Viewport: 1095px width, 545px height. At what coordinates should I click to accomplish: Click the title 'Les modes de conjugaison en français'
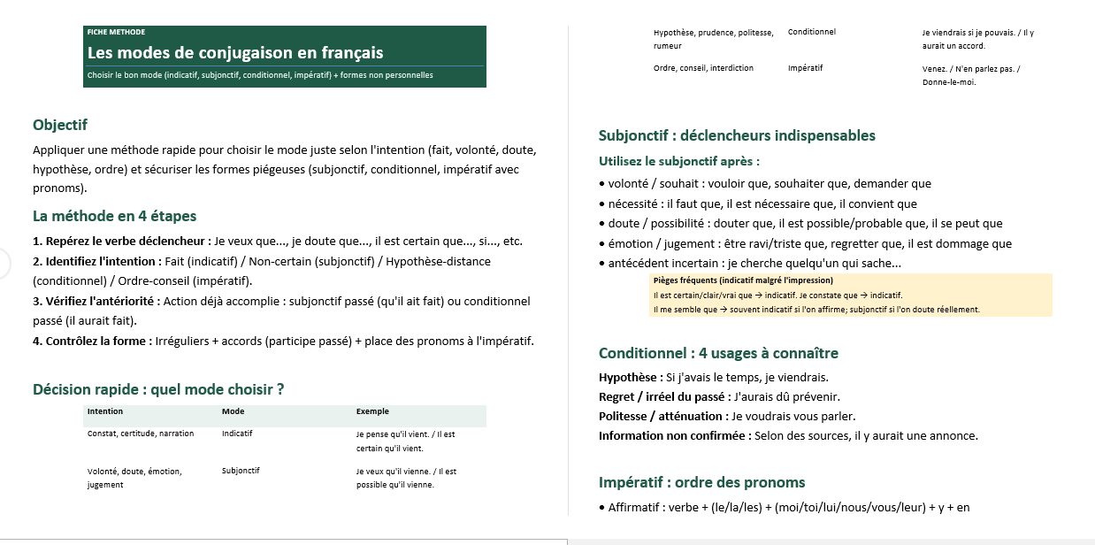234,53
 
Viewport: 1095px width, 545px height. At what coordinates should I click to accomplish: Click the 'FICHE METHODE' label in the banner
116,32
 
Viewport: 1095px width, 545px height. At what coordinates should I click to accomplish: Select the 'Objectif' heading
60,125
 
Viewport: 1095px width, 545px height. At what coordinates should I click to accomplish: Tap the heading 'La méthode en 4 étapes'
114,216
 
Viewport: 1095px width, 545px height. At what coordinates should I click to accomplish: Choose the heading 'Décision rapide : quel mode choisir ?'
158,389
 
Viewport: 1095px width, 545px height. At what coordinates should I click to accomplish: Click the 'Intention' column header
105,411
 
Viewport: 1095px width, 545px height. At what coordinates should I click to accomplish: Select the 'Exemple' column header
372,411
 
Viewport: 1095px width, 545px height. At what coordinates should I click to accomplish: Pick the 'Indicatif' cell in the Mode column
237,434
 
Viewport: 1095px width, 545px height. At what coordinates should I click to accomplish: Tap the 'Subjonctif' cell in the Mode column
241,471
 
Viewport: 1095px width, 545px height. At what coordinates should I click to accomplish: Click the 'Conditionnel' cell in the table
811,32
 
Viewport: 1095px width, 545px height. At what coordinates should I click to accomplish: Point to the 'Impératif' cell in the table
805,68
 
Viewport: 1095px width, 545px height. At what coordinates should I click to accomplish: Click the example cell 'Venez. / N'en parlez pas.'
970,68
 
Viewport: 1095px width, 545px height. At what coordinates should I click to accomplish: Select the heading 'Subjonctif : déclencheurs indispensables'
737,135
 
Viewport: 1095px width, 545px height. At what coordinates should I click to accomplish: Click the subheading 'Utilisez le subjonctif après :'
678,161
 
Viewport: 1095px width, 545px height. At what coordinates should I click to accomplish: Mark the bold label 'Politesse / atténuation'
661,416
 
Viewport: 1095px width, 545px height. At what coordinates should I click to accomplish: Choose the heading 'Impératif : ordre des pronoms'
701,482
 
